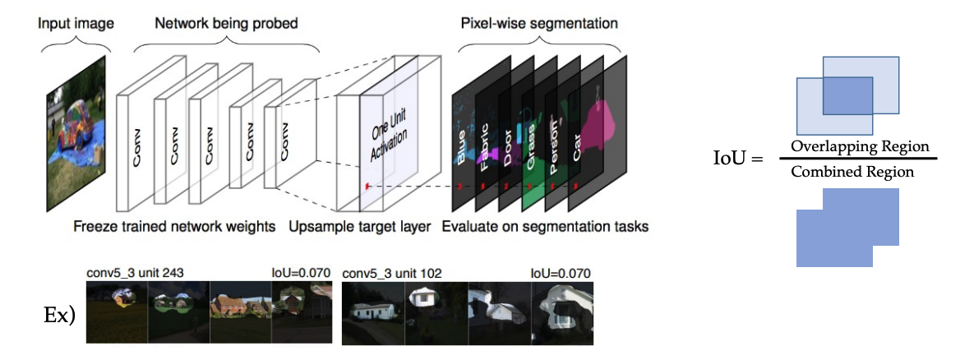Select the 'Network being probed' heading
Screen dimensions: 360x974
226,24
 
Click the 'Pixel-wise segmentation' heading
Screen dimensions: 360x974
539,24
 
